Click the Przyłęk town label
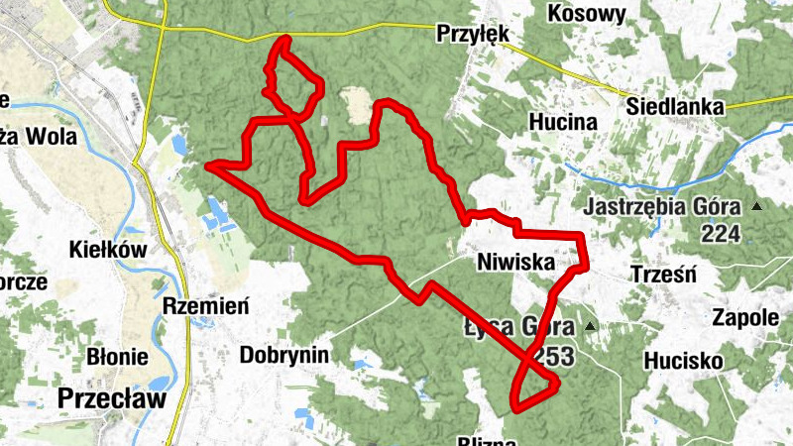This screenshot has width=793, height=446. pyautogui.click(x=473, y=35)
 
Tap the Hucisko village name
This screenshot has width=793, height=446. pyautogui.click(x=683, y=361)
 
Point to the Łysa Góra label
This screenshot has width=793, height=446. pyautogui.click(x=517, y=328)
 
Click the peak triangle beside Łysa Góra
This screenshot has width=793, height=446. pyautogui.click(x=591, y=326)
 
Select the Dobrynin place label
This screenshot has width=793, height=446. pyautogui.click(x=284, y=354)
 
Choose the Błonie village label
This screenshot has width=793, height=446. pyautogui.click(x=117, y=357)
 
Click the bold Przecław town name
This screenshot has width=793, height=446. pyautogui.click(x=111, y=397)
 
